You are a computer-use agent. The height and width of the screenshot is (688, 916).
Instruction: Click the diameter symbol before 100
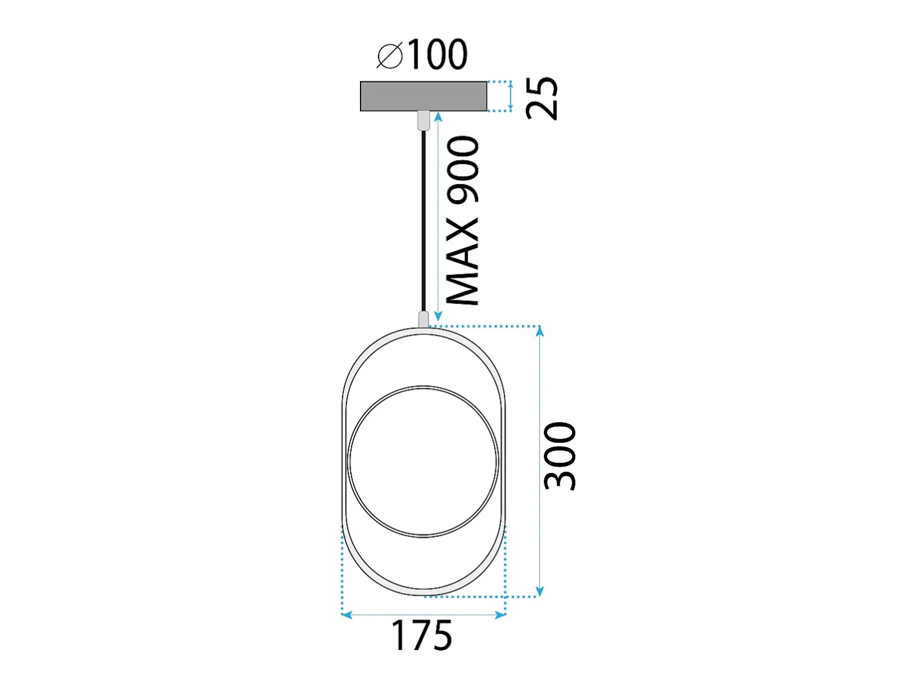pyautogui.click(x=390, y=55)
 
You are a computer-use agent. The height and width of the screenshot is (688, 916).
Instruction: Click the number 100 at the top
pyautogui.click(x=437, y=54)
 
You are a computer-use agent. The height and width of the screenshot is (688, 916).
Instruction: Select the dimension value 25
pyautogui.click(x=542, y=99)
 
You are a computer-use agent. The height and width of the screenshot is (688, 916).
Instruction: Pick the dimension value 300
pyautogui.click(x=560, y=456)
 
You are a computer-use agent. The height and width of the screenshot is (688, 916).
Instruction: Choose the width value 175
pyautogui.click(x=421, y=635)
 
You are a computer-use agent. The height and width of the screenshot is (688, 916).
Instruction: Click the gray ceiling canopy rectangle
pyautogui.click(x=423, y=96)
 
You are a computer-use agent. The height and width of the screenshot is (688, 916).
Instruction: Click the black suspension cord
pyautogui.click(x=424, y=221)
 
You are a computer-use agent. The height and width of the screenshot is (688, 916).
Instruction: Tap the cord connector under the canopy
pyautogui.click(x=424, y=120)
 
